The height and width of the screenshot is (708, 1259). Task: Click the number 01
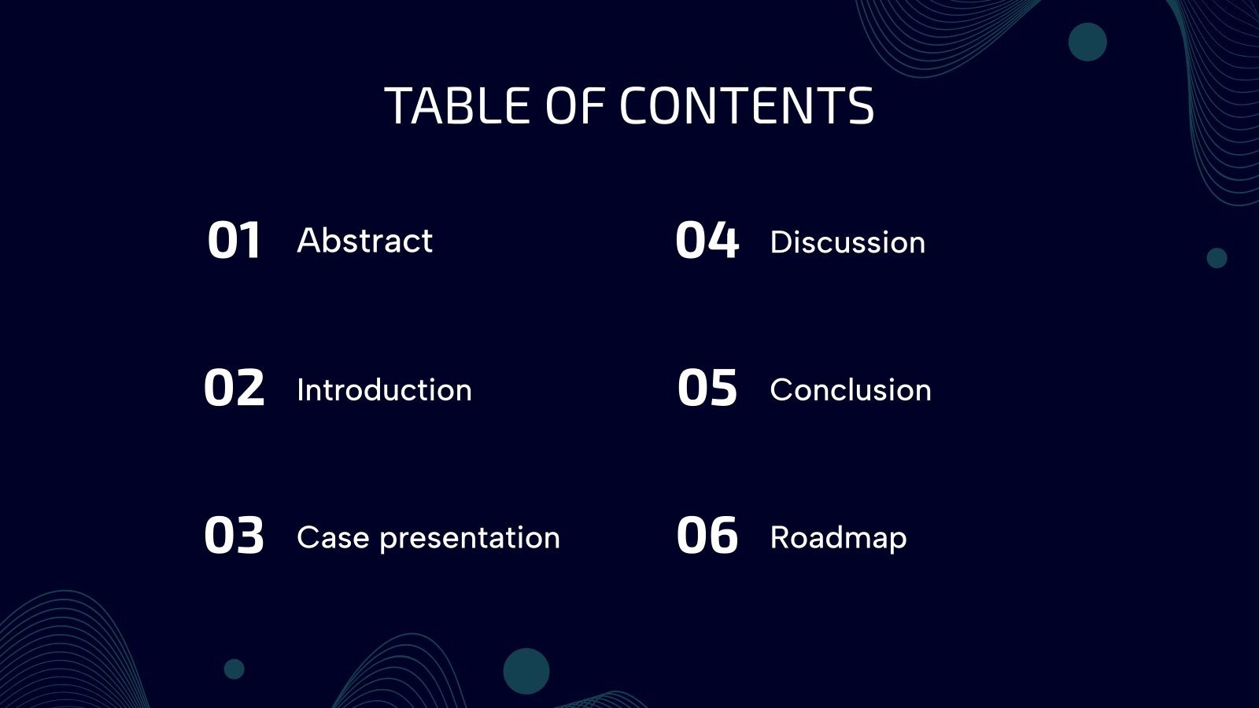234,241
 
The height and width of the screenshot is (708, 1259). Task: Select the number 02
234,388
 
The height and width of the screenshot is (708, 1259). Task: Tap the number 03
234,536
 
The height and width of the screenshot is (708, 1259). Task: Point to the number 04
707,241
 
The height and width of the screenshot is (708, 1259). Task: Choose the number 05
707,388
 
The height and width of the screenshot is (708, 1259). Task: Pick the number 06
707,536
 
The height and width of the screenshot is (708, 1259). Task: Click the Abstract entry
364,241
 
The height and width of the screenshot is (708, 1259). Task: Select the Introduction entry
384,390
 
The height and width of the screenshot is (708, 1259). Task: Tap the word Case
333,538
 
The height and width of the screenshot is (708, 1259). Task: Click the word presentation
470,539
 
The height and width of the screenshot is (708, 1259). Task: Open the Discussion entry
847,242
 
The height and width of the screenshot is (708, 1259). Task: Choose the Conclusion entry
851,390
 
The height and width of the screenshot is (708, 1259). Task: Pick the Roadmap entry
838,538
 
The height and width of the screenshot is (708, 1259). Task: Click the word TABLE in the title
457,106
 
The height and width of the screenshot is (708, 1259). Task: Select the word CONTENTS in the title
746,106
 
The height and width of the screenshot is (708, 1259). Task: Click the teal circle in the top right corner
1087,42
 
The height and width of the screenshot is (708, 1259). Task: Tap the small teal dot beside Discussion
1217,258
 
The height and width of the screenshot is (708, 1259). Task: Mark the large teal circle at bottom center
526,671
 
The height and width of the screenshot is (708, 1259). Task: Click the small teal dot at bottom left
234,669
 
